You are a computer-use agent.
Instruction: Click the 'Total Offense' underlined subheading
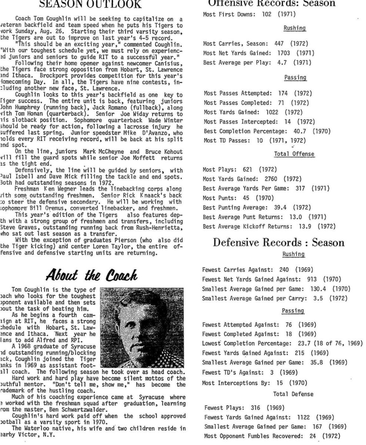click(x=294, y=154)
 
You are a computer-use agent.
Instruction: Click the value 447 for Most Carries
click(x=279, y=44)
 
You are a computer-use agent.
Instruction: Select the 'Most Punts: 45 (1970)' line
click(x=238, y=198)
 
